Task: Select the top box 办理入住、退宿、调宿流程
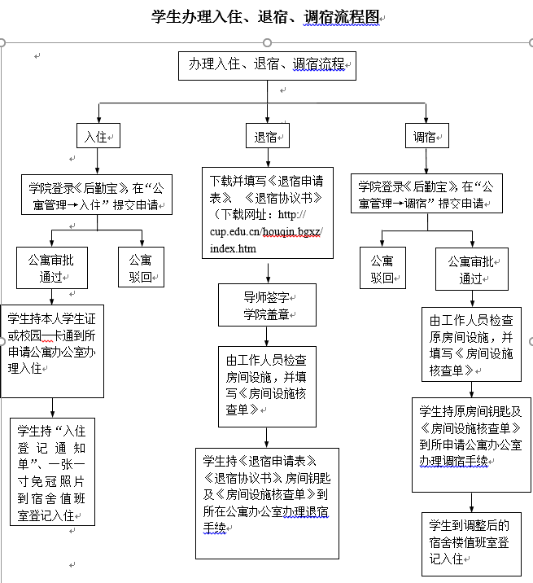(267, 65)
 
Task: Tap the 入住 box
(98, 136)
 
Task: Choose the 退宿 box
(267, 136)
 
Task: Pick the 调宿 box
(426, 136)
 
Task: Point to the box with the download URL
(268, 213)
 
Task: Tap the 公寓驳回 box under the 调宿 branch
(382, 269)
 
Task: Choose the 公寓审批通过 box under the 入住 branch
(53, 268)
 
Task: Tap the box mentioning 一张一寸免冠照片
(53, 471)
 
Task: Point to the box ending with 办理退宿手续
(267, 502)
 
